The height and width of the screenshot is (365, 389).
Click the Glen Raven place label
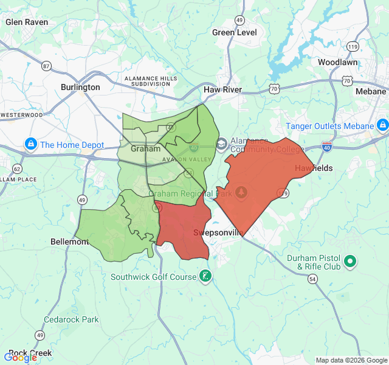[27, 22]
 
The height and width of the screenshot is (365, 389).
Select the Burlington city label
[80, 87]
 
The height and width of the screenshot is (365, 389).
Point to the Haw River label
[222, 89]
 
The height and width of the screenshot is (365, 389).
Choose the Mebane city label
[370, 91]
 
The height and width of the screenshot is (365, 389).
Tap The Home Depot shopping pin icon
[30, 145]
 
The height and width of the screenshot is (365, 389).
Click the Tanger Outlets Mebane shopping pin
[382, 126]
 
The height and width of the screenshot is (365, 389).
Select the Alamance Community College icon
[221, 144]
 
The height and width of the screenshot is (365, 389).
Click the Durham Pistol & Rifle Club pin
[350, 262]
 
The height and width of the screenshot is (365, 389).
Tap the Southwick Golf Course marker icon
[205, 277]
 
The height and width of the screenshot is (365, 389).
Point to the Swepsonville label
[218, 232]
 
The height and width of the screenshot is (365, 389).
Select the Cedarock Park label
[71, 319]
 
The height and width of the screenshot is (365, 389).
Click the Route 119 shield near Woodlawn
[353, 46]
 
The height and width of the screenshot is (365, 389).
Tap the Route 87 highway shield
[47, 65]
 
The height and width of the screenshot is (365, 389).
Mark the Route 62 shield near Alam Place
[16, 169]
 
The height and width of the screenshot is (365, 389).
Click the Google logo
[20, 357]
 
